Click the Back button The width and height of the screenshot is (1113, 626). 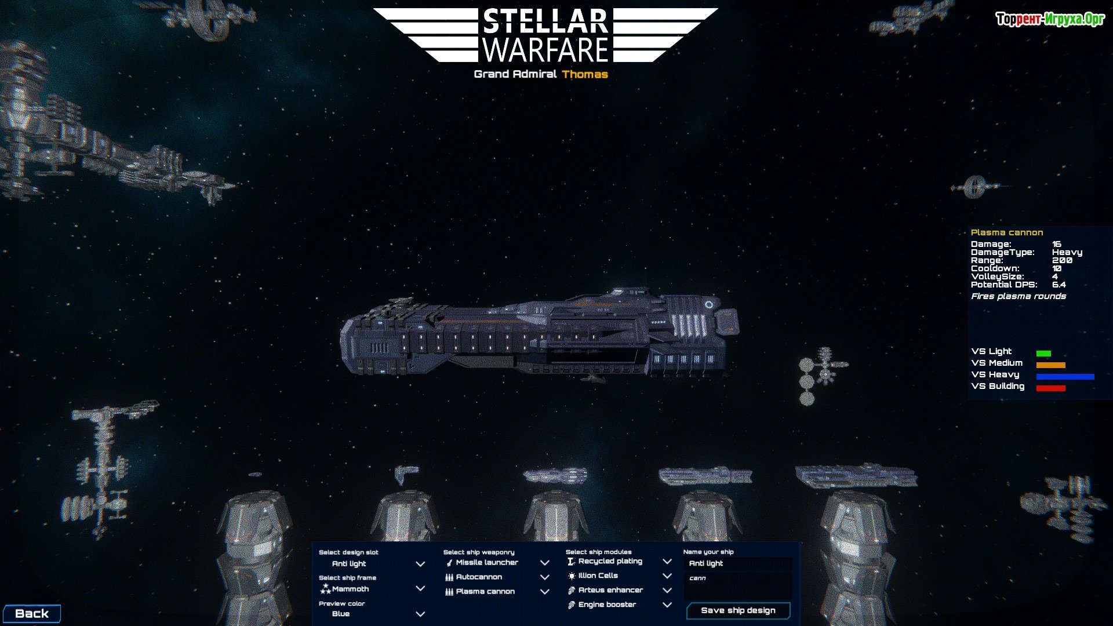coord(32,614)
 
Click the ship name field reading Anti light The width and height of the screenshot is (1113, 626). coord(737,563)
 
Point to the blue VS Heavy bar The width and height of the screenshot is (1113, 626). coord(1065,377)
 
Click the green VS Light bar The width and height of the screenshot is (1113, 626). coord(1043,354)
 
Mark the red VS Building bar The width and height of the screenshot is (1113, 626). coord(1050,388)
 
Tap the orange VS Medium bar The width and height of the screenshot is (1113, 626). coord(1050,365)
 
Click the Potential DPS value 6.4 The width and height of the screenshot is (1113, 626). coord(1059,285)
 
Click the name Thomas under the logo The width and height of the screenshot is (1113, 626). coord(585,74)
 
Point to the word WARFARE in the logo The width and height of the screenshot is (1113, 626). coord(545,50)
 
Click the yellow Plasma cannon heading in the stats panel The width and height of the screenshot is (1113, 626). coord(1007,232)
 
